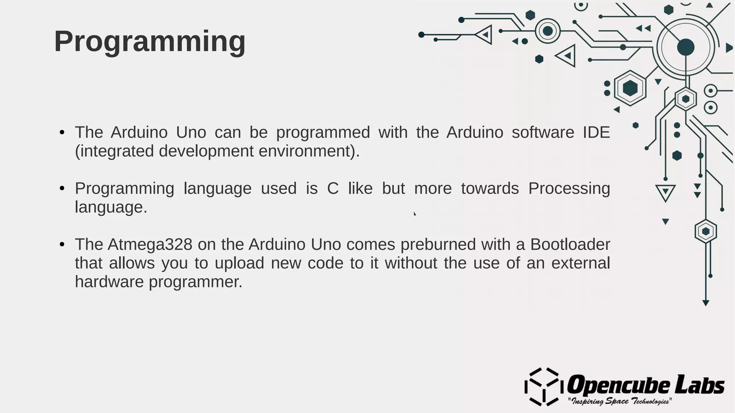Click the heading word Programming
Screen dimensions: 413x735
pos(150,42)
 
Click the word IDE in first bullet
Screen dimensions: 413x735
pos(596,133)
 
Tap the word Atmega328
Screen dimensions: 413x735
pos(150,245)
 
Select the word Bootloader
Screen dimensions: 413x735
pos(570,245)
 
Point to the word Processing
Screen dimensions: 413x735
pos(569,189)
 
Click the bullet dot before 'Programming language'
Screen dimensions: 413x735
pos(62,189)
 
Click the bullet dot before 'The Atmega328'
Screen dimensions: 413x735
pos(62,245)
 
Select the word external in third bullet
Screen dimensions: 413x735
pos(580,263)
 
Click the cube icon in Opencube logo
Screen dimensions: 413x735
pos(542,387)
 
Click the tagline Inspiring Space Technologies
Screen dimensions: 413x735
pos(619,401)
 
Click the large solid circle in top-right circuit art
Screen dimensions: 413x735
pos(685,47)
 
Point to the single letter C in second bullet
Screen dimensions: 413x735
pos(333,189)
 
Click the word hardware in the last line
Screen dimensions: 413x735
pos(109,282)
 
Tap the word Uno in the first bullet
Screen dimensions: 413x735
pos(191,133)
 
